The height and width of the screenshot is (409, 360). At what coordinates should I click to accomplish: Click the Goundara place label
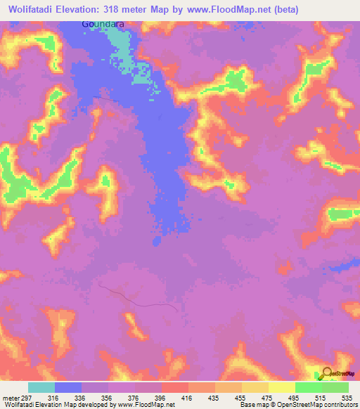pyautogui.click(x=105, y=23)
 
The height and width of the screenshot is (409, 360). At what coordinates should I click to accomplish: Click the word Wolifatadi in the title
pyautogui.click(x=33, y=9)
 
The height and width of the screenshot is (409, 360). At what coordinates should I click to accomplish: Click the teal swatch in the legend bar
pyautogui.click(x=41, y=387)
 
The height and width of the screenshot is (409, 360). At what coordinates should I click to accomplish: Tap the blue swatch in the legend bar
pyautogui.click(x=68, y=387)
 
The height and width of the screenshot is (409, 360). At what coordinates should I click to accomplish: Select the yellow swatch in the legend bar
pyautogui.click(x=281, y=387)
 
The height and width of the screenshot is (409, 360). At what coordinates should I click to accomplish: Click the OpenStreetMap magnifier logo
pyautogui.click(x=327, y=375)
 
